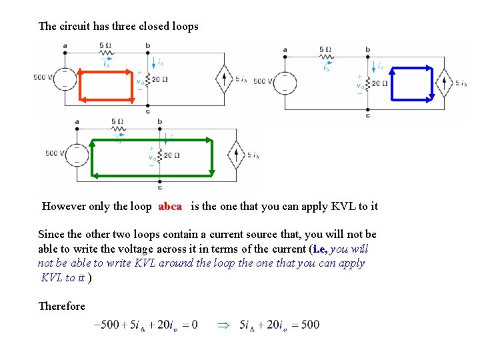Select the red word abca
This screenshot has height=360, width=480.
tap(170, 206)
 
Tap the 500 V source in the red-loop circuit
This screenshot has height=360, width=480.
tap(65, 78)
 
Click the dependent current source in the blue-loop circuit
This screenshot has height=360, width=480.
tap(444, 83)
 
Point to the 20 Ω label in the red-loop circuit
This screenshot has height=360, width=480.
tap(159, 79)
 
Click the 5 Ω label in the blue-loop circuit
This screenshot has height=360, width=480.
tap(325, 50)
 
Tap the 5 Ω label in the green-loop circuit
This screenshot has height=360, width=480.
tap(118, 121)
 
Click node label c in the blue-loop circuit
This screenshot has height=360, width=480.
tap(367, 115)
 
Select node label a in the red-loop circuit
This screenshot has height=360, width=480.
tap(65, 45)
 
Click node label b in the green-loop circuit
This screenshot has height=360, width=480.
tap(160, 121)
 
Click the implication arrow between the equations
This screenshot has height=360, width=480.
tap(223, 325)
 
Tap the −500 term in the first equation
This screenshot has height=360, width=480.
tap(107, 325)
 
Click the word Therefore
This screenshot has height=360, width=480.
tap(61, 306)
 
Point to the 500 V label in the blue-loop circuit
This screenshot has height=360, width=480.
tap(263, 81)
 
